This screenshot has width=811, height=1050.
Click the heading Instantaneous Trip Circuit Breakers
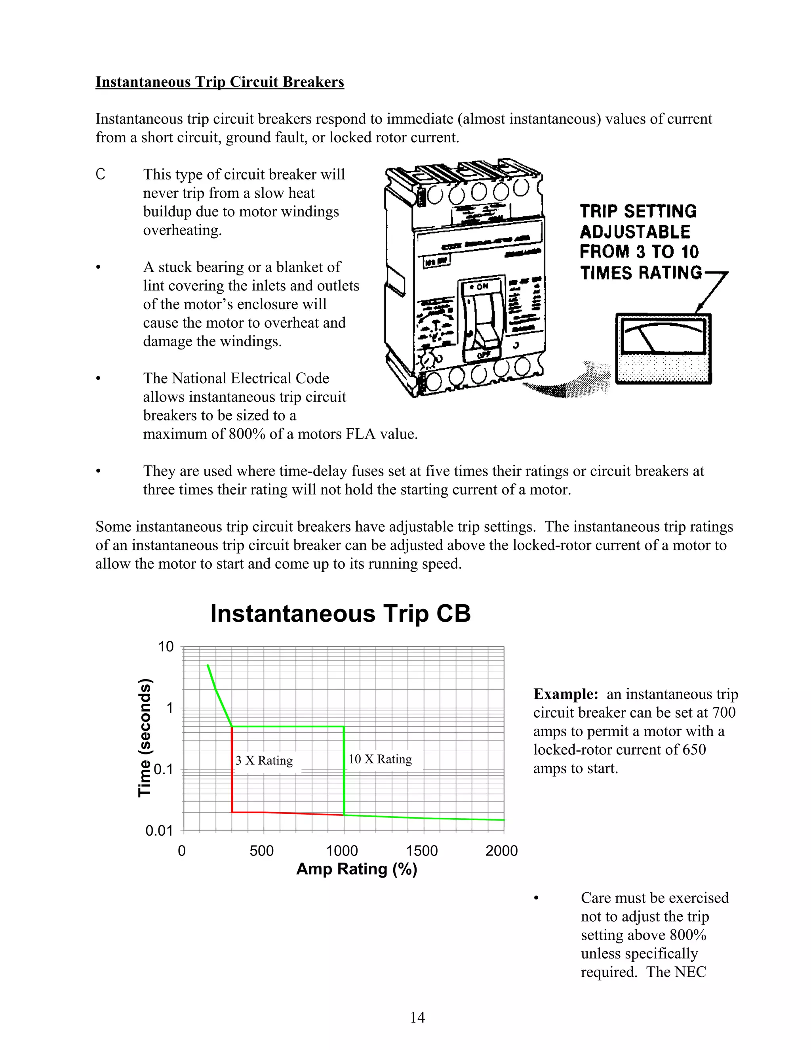[x=219, y=82]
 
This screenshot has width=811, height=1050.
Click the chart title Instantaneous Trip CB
[x=340, y=613]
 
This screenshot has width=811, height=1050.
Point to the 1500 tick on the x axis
[x=421, y=850]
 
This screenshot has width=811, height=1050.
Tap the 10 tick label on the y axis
[x=166, y=647]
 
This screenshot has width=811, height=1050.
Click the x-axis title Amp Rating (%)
[x=356, y=869]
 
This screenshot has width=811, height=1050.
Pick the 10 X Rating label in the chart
[x=380, y=759]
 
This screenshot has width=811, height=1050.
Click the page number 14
[x=417, y=1017]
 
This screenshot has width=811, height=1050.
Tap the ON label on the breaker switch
[x=482, y=286]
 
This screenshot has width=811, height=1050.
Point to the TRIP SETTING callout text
[x=638, y=212]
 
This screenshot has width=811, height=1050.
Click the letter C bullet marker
[x=100, y=174]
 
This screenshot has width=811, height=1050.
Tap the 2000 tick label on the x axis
[x=501, y=850]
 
